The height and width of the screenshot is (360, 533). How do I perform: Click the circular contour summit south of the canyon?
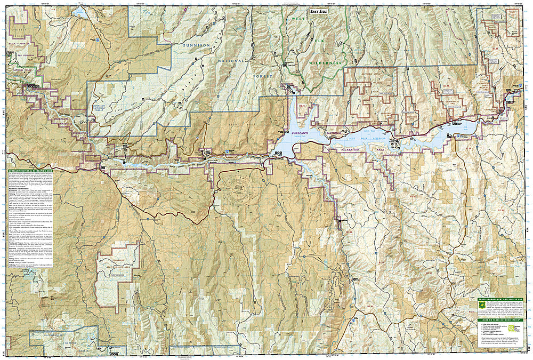pos(235,183)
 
